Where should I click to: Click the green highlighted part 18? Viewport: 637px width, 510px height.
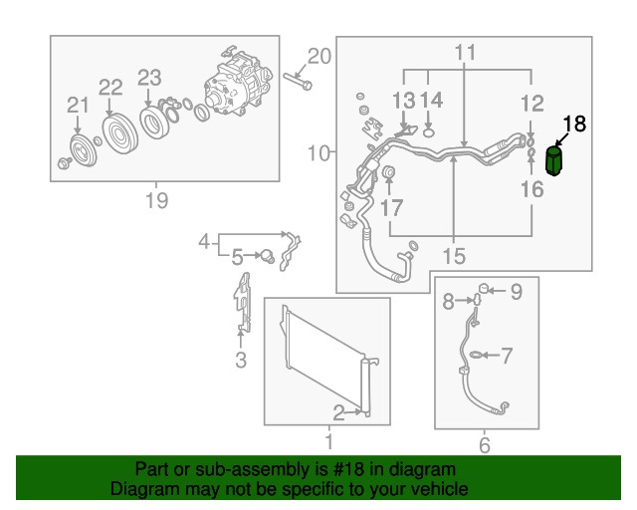554,161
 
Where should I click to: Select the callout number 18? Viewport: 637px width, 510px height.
574,124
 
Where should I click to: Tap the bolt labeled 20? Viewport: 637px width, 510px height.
298,81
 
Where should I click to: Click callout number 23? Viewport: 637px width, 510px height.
149,78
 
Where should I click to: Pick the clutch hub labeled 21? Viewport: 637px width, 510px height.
83,151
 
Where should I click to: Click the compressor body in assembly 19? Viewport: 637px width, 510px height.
237,83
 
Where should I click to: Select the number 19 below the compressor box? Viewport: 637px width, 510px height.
156,199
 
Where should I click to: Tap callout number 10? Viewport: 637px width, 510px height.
318,153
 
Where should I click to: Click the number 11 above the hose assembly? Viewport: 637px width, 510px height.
465,53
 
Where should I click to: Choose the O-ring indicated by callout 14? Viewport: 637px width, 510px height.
429,132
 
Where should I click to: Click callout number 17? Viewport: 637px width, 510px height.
391,207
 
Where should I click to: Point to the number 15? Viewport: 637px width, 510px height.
454,256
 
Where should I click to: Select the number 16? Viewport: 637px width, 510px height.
532,189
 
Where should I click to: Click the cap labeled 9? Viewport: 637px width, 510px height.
483,289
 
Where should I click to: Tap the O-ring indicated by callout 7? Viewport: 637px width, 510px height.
476,355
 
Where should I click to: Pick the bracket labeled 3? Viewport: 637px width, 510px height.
243,302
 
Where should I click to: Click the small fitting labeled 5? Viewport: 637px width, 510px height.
268,255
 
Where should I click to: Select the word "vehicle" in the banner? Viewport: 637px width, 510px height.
438,488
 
